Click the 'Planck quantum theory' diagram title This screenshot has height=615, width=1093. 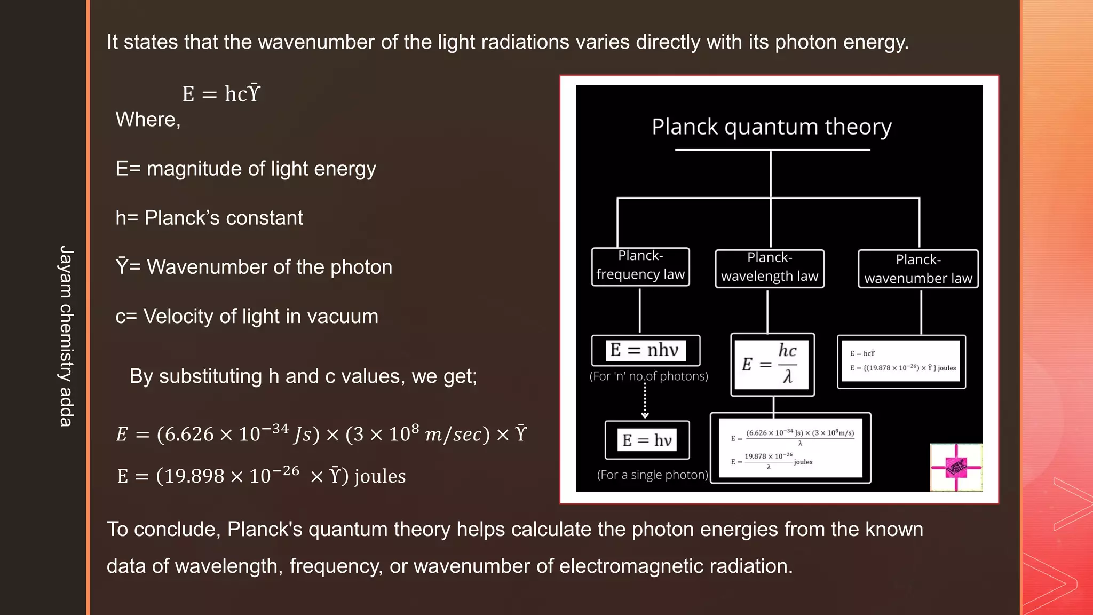tap(771, 127)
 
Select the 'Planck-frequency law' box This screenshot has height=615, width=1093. tap(640, 266)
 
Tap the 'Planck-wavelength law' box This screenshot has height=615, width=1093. tap(770, 268)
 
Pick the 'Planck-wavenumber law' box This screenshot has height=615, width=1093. tap(918, 269)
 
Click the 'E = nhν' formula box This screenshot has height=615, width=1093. tap(646, 350)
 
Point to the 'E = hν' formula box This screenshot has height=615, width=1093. tap(647, 440)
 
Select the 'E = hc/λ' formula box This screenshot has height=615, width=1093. tap(772, 365)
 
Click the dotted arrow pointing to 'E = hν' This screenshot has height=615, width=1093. tap(645, 400)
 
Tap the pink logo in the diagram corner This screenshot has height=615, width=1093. tap(956, 467)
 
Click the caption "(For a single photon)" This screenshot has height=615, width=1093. tap(652, 475)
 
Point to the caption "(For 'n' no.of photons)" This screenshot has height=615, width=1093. tap(648, 376)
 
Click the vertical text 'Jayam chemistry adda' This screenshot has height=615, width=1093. tap(66, 336)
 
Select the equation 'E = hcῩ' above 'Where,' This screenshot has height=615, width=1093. tap(221, 94)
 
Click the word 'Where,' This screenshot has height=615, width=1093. tap(148, 120)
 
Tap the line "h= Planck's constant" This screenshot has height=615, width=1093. tap(209, 218)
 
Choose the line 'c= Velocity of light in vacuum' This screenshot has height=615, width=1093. tap(247, 316)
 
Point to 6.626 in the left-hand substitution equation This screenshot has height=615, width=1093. tap(189, 434)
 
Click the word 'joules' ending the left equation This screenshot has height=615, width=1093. tap(380, 476)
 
